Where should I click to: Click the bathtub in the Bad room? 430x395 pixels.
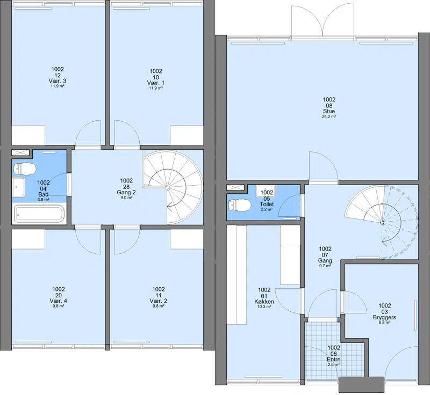click(x=39, y=214)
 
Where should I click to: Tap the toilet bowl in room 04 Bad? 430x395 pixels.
click(x=24, y=169)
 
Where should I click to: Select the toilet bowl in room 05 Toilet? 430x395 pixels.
click(x=240, y=206)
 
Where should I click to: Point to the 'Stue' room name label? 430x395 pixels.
click(x=329, y=112)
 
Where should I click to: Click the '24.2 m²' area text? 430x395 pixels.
click(x=329, y=116)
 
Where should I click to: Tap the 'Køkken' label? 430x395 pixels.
click(x=264, y=302)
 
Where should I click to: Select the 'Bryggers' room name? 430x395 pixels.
click(x=384, y=318)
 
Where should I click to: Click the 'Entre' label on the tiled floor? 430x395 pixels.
click(x=333, y=360)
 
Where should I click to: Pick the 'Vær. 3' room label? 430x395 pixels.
click(x=58, y=81)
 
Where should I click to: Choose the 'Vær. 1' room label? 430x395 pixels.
click(x=156, y=83)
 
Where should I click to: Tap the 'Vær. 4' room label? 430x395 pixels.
click(x=59, y=301)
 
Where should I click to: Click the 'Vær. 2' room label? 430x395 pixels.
click(x=158, y=301)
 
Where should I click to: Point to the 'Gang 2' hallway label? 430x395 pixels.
click(x=126, y=193)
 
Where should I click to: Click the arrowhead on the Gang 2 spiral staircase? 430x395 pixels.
click(x=169, y=206)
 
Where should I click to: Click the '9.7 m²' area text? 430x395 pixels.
click(x=325, y=266)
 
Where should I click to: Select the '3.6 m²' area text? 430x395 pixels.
click(x=44, y=200)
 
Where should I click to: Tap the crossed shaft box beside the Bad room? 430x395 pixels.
click(x=20, y=153)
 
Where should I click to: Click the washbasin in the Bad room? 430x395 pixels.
click(x=19, y=187)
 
